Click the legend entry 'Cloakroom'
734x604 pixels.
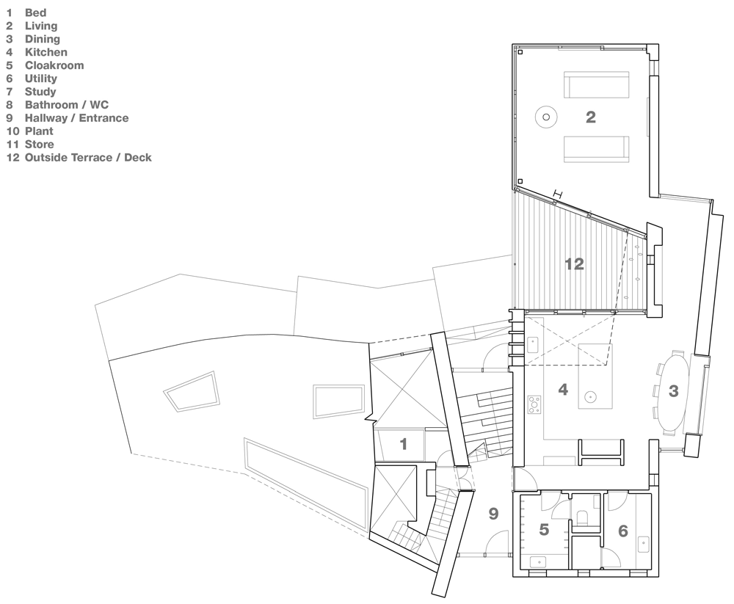point(54,65)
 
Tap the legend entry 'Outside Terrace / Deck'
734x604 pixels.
point(87,158)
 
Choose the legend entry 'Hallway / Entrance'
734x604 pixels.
point(76,118)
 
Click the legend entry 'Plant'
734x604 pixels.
point(39,131)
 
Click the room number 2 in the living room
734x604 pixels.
point(590,117)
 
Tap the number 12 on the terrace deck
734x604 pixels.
point(574,264)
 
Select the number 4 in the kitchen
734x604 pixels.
point(563,390)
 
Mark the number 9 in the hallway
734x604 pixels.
point(493,514)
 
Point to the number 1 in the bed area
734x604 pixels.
point(403,444)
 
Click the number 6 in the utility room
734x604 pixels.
point(622,530)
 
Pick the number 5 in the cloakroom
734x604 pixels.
point(544,530)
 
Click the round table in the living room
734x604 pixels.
point(545,116)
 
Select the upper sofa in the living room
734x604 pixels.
point(596,85)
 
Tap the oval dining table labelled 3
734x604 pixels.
point(673,391)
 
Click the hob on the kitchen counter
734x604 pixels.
point(534,403)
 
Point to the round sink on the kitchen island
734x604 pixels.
point(589,398)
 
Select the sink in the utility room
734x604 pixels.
point(644,545)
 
